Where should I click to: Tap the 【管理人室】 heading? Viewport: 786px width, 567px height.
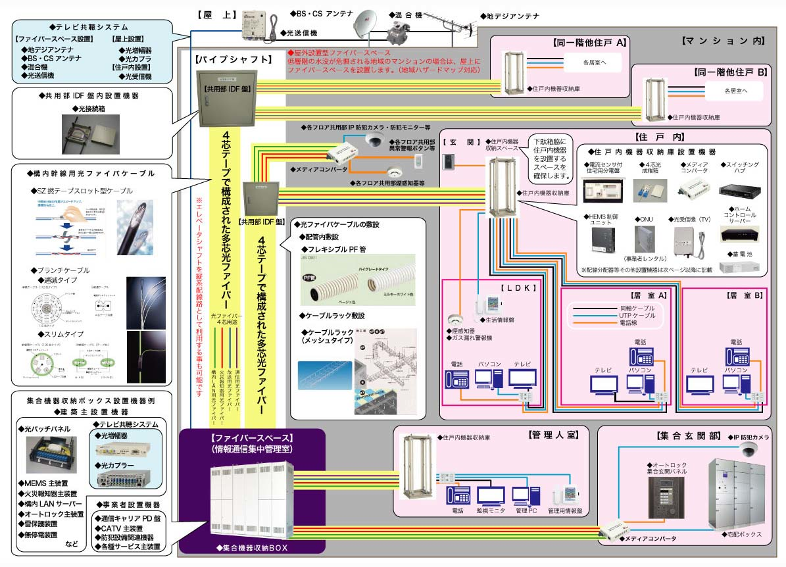[552, 435]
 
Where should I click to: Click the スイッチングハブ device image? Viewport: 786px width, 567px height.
[740, 190]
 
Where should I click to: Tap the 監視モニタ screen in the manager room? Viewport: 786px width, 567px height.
[491, 495]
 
